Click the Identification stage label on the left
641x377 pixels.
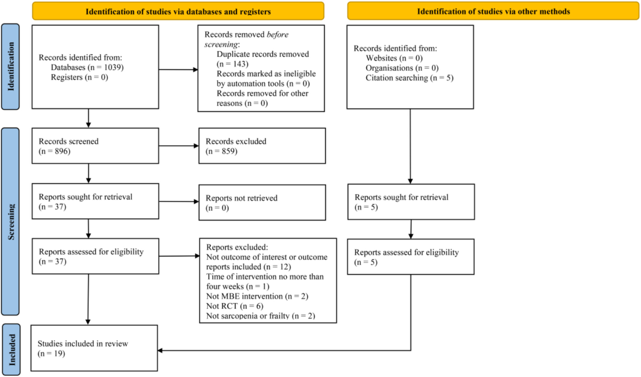tap(11, 67)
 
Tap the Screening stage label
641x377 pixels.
tap(11, 222)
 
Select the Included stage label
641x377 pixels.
tap(11, 350)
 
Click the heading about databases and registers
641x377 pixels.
tap(178, 11)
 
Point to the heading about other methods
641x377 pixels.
tap(493, 11)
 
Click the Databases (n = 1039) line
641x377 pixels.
tap(87, 67)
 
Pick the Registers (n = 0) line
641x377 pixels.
tap(80, 77)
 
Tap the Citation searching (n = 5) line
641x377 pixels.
tap(409, 78)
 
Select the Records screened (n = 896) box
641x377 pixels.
tap(95, 146)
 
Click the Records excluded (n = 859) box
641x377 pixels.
tap(262, 146)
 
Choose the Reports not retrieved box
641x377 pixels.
tap(262, 203)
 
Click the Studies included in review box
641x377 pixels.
tap(94, 348)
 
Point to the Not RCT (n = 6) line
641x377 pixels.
tap(235, 306)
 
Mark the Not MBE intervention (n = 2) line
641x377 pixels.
tap(257, 296)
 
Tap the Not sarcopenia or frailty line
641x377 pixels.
tap(261, 316)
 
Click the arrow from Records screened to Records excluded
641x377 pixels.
tap(179, 146)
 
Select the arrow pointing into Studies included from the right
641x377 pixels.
tap(284, 350)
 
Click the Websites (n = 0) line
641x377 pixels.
tap(394, 58)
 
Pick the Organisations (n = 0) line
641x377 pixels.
tap(402, 68)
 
